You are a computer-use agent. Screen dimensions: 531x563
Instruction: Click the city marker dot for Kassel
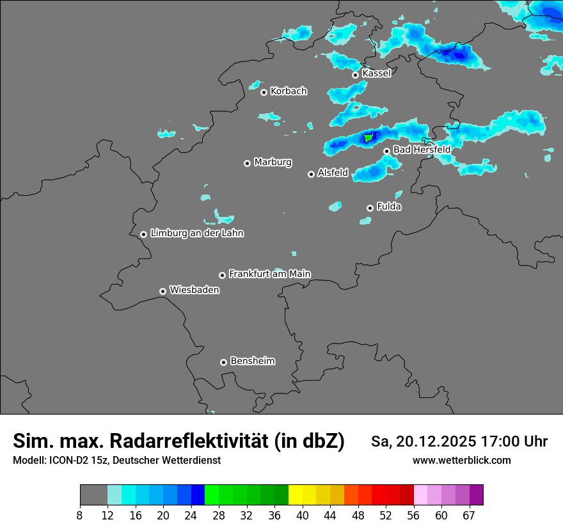click(x=355, y=75)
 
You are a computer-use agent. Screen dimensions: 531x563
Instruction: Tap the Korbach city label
click(x=289, y=91)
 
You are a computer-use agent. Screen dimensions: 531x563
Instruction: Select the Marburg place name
click(x=273, y=162)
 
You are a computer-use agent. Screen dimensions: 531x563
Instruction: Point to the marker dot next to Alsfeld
click(x=311, y=174)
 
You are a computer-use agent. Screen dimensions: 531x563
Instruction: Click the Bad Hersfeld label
click(x=422, y=150)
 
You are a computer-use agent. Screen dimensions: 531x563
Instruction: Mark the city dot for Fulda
click(x=370, y=208)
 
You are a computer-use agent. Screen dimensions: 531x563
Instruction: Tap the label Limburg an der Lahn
click(x=196, y=234)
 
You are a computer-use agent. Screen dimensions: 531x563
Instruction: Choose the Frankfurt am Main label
click(x=269, y=274)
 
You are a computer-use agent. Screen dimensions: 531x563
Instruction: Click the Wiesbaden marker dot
click(x=163, y=291)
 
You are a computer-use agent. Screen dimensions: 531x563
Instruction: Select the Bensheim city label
click(x=252, y=361)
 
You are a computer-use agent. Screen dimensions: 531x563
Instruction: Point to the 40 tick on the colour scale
click(x=303, y=515)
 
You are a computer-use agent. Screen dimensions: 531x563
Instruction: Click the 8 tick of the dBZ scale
click(x=80, y=515)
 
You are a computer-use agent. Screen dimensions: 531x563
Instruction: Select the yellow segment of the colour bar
click(x=296, y=495)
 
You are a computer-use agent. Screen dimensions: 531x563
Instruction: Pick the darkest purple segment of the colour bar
click(x=477, y=495)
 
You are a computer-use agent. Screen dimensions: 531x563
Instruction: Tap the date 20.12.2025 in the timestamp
click(x=435, y=441)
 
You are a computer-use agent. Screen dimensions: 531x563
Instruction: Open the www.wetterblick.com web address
click(x=461, y=461)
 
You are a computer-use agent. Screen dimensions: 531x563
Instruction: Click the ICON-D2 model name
click(x=66, y=461)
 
